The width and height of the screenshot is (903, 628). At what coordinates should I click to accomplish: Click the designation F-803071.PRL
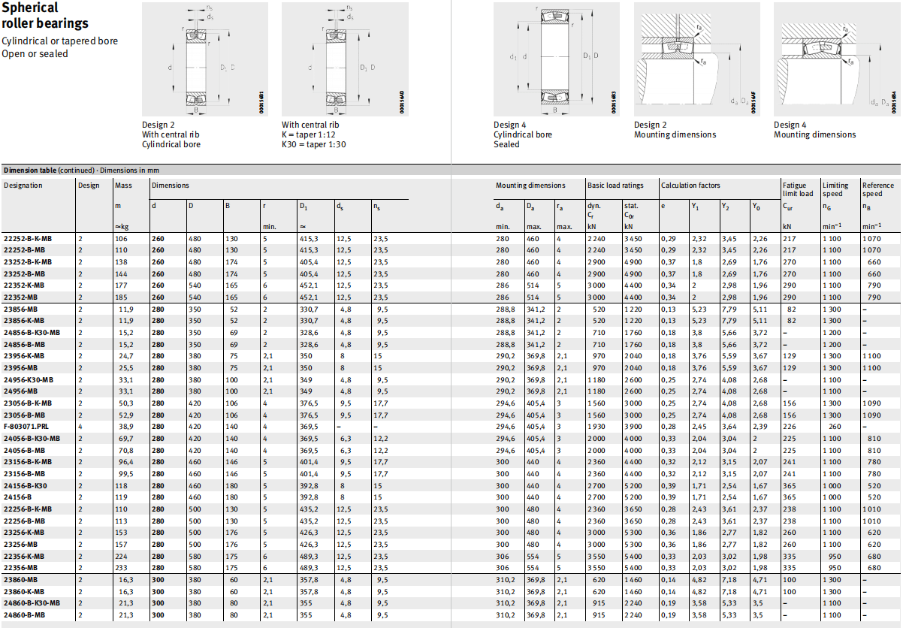26,427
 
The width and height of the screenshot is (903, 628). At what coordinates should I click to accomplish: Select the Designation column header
23,186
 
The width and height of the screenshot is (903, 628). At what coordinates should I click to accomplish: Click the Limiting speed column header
835,189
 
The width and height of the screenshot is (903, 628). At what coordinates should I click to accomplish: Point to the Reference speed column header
878,189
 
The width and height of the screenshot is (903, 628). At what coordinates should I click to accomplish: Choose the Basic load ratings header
615,186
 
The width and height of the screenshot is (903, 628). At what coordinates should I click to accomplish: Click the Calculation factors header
690,186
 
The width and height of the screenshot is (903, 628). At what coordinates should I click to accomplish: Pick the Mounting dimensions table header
530,186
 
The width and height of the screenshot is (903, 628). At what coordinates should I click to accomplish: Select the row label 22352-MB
20,297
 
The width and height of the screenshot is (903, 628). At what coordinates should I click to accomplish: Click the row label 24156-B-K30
26,486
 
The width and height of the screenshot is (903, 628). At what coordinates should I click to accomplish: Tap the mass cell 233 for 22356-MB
121,568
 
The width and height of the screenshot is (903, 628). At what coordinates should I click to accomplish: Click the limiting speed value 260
835,427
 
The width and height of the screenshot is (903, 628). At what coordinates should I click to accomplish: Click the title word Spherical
30,8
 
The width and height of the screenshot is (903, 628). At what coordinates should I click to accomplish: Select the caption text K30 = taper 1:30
313,144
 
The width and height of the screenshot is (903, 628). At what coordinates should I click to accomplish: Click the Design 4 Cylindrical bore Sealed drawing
557,59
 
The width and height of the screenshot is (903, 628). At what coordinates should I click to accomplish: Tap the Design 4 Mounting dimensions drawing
837,59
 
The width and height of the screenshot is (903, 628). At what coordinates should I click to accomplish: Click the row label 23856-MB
20,309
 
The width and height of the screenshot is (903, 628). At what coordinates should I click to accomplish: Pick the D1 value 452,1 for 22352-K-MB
309,285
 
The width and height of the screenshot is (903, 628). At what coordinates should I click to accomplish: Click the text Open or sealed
35,53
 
